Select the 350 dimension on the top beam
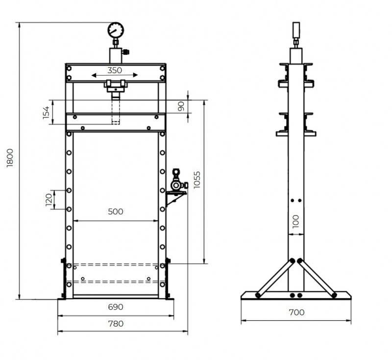115,70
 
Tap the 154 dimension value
47,112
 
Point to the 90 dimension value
181,106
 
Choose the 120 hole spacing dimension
49,200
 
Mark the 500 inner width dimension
115,212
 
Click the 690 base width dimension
116,307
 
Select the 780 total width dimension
116,323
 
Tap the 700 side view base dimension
296,312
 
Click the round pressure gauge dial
116,30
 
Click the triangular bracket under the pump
174,197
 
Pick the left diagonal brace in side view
274,278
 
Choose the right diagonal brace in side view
317,278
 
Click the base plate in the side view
296,296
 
